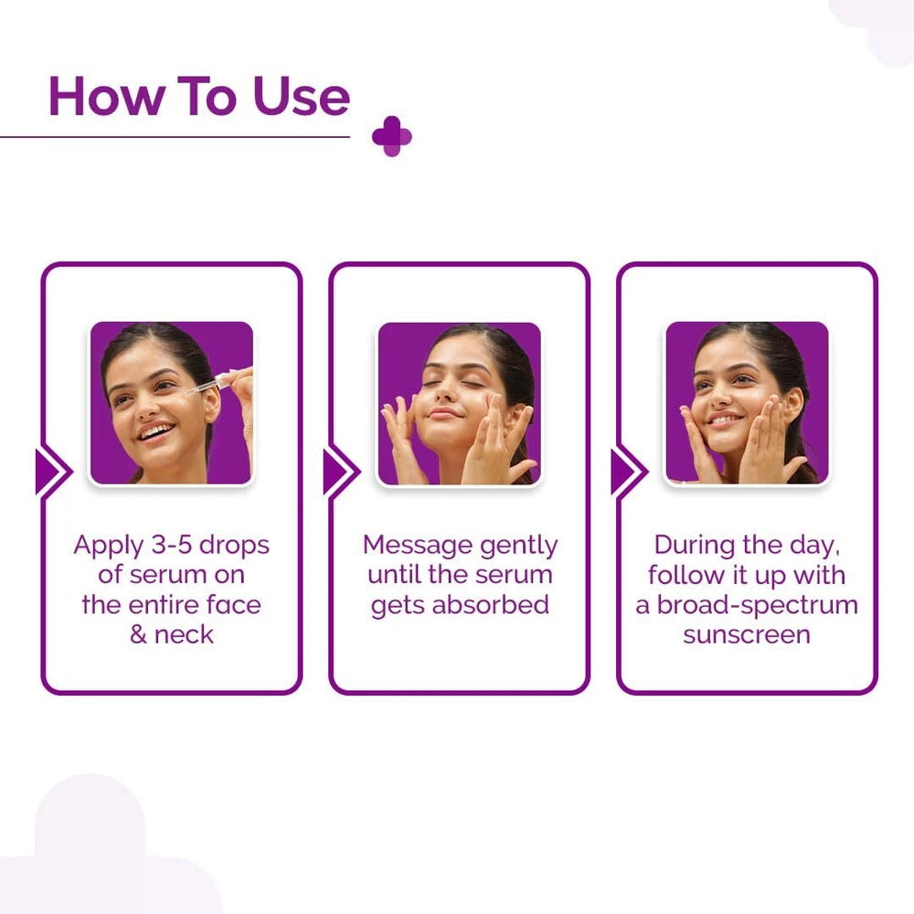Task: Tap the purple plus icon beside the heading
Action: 391,136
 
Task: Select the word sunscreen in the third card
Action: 747,634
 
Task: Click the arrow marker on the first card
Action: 52,473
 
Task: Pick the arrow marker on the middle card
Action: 340,473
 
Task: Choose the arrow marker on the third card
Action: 628,473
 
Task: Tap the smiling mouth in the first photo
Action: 155,430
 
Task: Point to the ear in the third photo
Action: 792,402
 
